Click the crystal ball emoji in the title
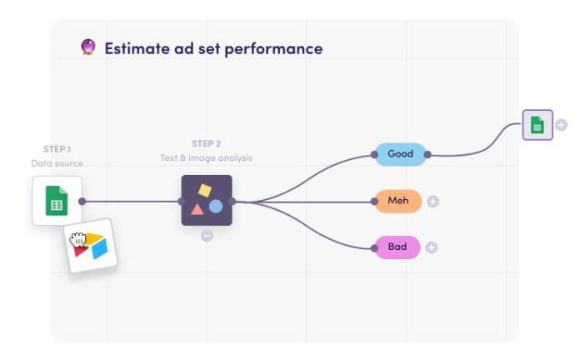(x=88, y=47)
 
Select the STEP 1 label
(x=57, y=149)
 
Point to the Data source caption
(x=57, y=163)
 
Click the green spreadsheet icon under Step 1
(x=57, y=201)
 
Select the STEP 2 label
(x=206, y=143)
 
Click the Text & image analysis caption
(x=206, y=157)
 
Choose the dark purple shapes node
(x=207, y=200)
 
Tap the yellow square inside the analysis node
(x=204, y=190)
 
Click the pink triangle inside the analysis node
(x=197, y=208)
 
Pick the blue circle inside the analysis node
(x=216, y=206)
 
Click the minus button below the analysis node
(x=207, y=236)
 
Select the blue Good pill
(x=400, y=154)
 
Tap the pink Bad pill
(x=397, y=247)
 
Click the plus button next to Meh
(x=433, y=201)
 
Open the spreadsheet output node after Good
(x=537, y=125)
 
